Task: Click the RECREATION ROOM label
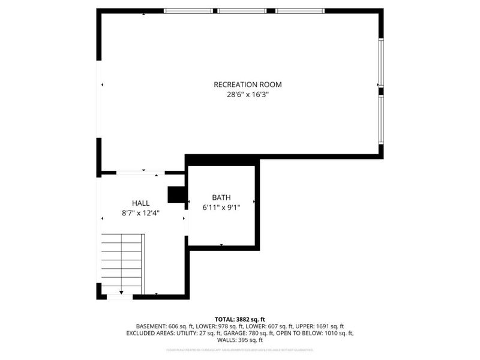click(x=247, y=85)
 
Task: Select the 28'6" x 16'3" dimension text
click(x=247, y=95)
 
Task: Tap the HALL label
click(x=141, y=203)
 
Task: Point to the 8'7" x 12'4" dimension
click(x=141, y=213)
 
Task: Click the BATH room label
click(x=221, y=197)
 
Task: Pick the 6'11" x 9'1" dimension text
click(x=221, y=208)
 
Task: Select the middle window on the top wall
click(x=242, y=11)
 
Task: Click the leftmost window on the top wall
click(x=188, y=11)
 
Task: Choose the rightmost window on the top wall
click(x=300, y=11)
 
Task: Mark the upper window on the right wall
click(x=380, y=62)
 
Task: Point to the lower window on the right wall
click(x=380, y=119)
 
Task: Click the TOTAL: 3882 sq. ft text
click(x=240, y=319)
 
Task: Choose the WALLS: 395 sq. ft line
click(x=240, y=340)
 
